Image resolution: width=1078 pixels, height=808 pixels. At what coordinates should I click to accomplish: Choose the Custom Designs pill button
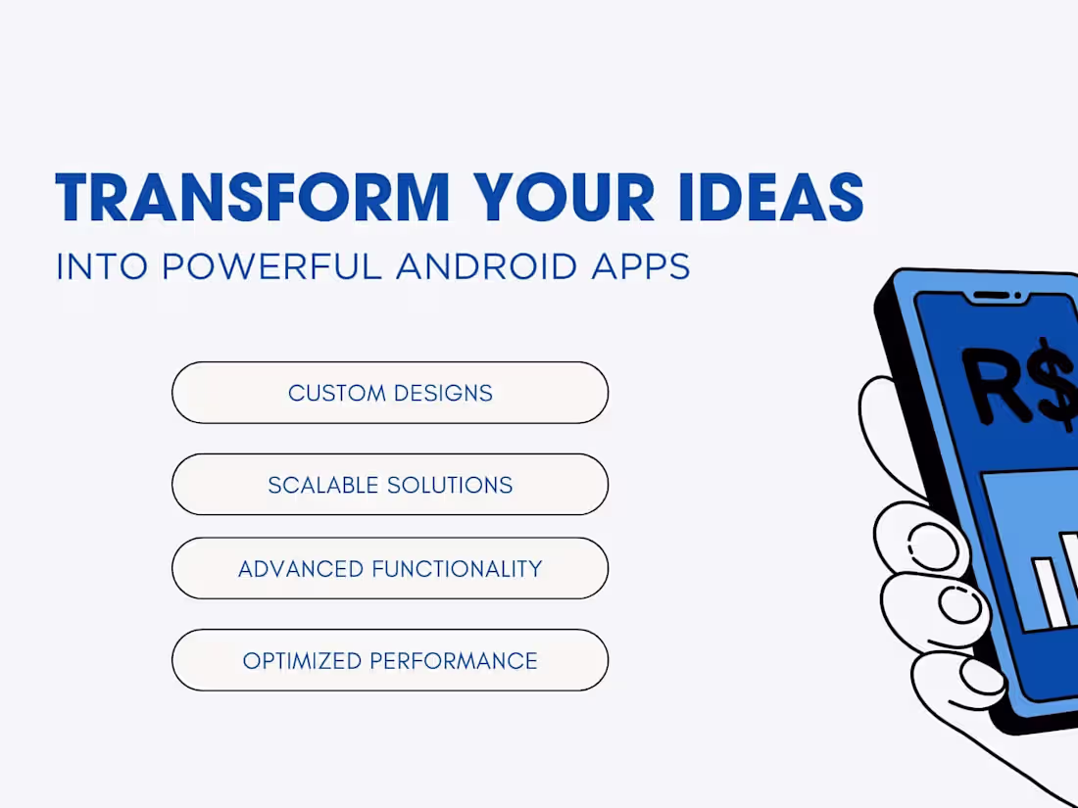(x=390, y=393)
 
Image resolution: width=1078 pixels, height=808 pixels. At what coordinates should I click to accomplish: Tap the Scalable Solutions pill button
(x=390, y=485)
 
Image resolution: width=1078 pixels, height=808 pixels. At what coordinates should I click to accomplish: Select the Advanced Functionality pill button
(x=390, y=569)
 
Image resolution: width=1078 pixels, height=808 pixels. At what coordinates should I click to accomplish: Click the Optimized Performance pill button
(x=390, y=661)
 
